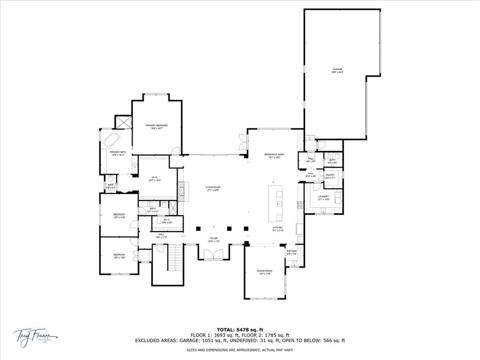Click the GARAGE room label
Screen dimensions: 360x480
pos(337,71)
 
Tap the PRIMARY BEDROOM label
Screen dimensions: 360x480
pos(157,127)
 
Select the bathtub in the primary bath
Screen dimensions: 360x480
pos(112,139)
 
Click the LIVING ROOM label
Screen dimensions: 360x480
pos(213,188)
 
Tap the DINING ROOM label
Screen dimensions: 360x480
pos(265,272)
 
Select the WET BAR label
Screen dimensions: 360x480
pos(292,253)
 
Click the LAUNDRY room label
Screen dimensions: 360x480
pos(323,198)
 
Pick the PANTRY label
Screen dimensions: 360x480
pos(330,176)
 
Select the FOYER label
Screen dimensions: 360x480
pos(214,240)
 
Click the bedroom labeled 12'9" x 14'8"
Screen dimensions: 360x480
pos(119,216)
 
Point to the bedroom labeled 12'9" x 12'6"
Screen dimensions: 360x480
pos(119,256)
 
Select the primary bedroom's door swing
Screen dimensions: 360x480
pos(175,151)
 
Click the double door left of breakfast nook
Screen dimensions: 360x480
pos(242,139)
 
